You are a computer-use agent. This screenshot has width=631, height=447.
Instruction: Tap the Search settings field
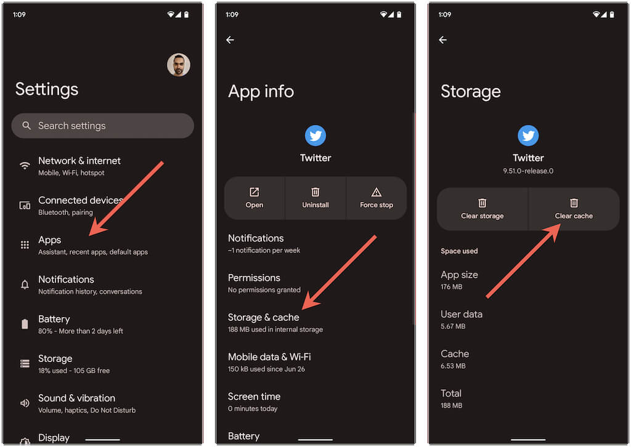[x=103, y=126]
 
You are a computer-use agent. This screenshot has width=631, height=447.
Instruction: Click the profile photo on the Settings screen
[x=179, y=65]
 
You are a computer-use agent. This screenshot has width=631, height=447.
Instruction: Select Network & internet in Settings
[x=79, y=166]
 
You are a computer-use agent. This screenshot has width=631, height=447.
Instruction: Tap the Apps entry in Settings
[x=93, y=245]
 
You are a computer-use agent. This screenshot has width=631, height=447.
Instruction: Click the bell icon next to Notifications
[x=25, y=284]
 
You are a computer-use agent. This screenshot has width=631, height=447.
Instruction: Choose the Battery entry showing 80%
[x=81, y=324]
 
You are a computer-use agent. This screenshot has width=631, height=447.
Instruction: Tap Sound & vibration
[x=87, y=403]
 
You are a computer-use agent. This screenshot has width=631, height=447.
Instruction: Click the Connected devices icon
[x=25, y=206]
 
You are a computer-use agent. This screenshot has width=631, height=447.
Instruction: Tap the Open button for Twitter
[x=254, y=198]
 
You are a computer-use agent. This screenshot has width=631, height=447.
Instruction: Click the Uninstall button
[x=315, y=198]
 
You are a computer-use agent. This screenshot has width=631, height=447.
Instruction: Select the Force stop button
[x=377, y=198]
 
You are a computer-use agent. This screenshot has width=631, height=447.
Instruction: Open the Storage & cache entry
[x=275, y=323]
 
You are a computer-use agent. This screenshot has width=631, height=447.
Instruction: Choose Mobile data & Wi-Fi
[x=269, y=362]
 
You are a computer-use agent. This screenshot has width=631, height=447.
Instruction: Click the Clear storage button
[x=482, y=209]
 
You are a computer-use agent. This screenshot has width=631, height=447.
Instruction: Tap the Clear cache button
[x=574, y=209]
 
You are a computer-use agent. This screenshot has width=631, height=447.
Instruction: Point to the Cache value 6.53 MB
[x=453, y=366]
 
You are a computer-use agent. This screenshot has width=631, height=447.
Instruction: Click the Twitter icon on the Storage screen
[x=528, y=135]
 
